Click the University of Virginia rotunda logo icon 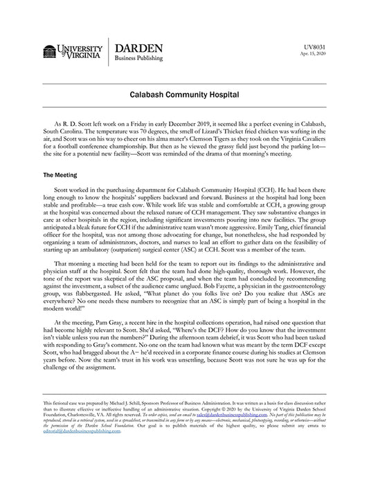click(51, 53)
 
